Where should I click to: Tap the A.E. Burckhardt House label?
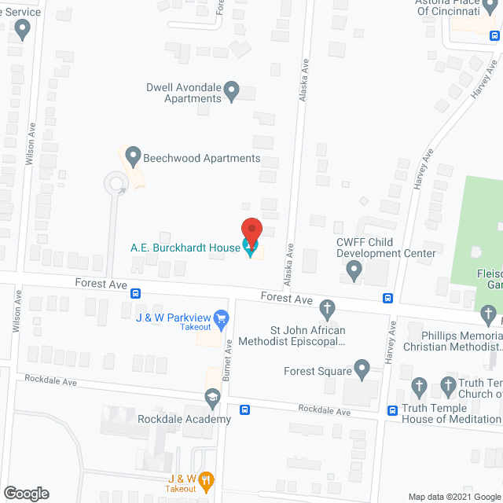pos(185,248)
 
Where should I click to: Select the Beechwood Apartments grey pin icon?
pos(133,157)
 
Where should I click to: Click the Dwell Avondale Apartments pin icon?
pos(232,92)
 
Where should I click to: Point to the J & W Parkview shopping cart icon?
pos(221,318)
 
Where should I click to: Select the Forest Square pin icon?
pos(362,368)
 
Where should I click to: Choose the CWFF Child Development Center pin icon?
pos(354,272)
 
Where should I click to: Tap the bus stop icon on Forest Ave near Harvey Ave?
pos(388,298)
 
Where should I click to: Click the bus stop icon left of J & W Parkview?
pos(136,294)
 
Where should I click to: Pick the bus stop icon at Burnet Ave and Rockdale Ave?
pos(245,409)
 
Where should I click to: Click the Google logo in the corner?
pos(25,494)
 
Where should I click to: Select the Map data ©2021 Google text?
pos(454,497)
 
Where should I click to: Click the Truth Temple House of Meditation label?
pos(452,413)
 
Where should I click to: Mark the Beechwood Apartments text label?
pos(202,158)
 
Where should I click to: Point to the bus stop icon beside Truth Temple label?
pos(392,409)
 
